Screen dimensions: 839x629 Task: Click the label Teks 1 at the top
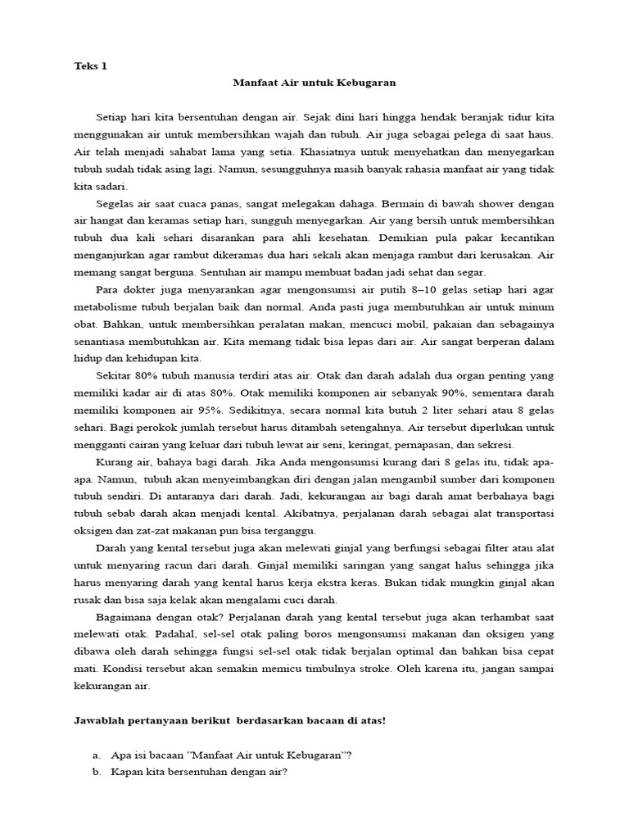90,67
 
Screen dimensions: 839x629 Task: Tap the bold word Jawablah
100,721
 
